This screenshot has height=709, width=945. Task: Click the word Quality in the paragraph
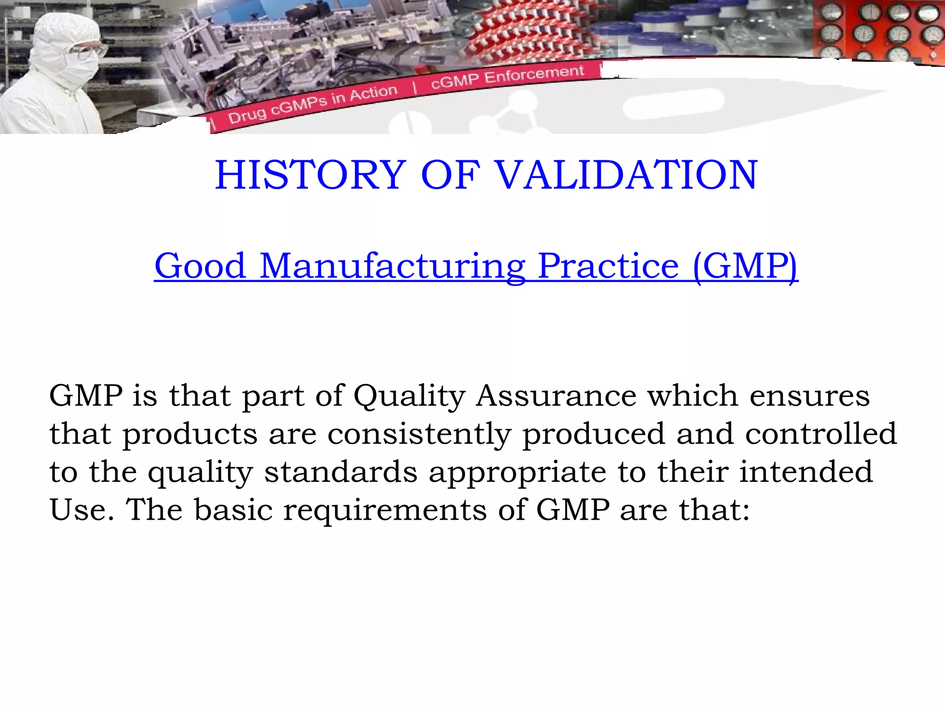409,396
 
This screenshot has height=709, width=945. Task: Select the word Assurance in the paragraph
556,396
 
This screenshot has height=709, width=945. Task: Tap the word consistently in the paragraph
419,434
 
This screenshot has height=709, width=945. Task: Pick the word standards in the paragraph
341,472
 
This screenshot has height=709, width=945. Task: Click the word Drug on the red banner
247,115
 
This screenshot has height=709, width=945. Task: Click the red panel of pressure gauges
877,30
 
